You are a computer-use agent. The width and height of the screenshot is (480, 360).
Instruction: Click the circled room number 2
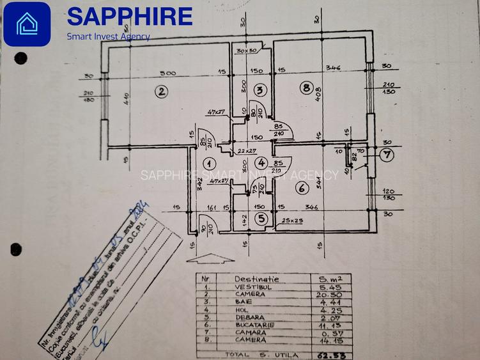click(x=162, y=91)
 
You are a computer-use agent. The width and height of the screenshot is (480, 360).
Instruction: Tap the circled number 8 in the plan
click(x=307, y=88)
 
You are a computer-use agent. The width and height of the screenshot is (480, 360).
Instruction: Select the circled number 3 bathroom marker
click(x=259, y=90)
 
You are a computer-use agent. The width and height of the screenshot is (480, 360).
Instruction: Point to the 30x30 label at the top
click(x=246, y=50)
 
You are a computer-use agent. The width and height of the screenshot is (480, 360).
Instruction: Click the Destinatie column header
click(x=256, y=279)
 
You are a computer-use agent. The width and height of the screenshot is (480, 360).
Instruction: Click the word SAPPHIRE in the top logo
click(x=130, y=16)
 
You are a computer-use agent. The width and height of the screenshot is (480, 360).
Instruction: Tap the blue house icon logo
click(x=27, y=24)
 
